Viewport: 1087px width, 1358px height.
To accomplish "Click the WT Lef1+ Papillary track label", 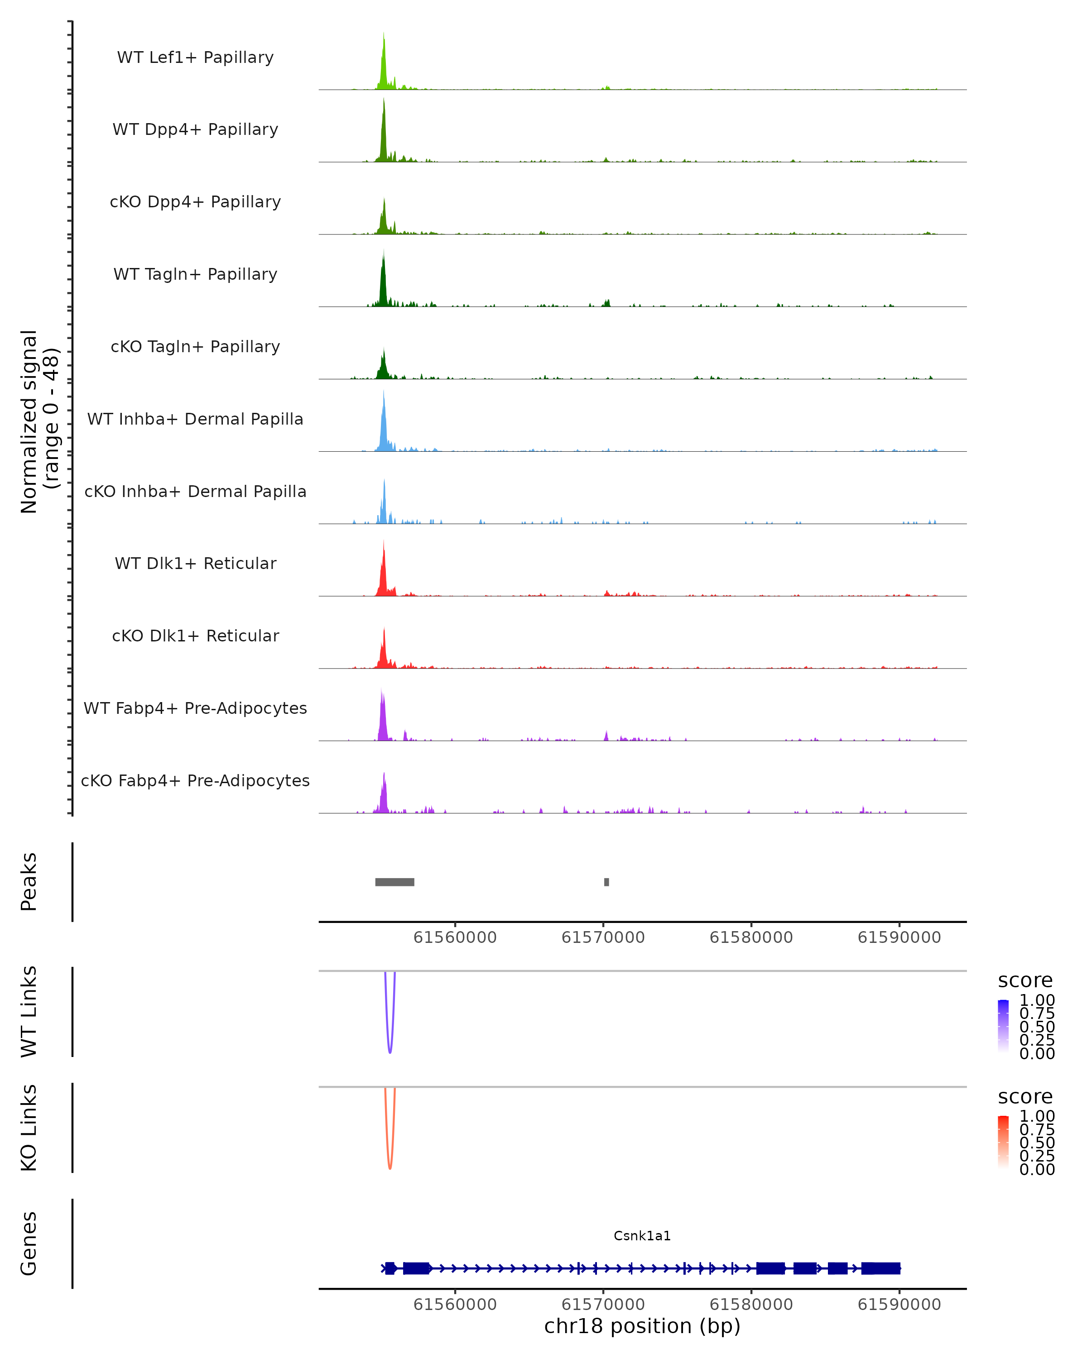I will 195,57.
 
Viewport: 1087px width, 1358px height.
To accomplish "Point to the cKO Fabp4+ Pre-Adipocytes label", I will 195,780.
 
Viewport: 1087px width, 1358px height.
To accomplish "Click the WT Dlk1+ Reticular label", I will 195,563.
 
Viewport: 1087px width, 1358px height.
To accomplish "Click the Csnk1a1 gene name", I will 642,1235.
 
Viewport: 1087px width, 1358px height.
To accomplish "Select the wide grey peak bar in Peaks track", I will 394,882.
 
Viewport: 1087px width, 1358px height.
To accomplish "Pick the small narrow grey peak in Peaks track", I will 606,882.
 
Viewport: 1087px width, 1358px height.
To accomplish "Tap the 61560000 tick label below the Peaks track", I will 455,937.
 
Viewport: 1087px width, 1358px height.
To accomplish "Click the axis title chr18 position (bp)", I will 642,1326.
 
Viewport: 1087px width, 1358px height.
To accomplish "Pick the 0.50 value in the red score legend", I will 1037,1143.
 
